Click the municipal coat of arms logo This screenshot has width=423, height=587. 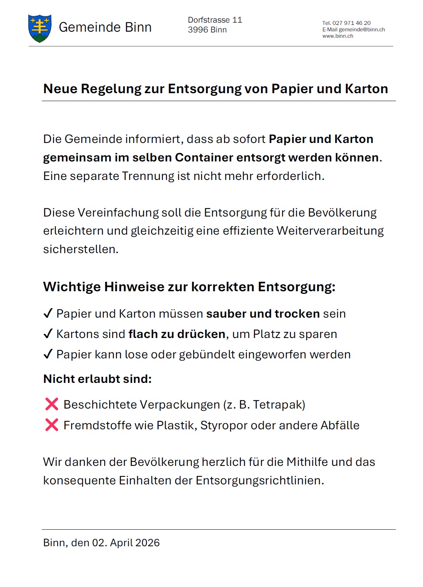point(40,28)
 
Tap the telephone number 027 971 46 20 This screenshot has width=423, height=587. point(351,23)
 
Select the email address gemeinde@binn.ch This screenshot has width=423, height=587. point(362,29)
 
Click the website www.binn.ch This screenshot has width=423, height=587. point(337,36)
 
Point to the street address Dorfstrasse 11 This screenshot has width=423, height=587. point(215,20)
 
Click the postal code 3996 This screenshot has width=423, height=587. point(198,30)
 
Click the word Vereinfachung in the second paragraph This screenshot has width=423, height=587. point(118,212)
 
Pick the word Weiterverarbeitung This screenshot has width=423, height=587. point(330,230)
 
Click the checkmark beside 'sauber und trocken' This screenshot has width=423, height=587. point(48,313)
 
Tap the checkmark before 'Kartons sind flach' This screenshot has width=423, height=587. point(48,333)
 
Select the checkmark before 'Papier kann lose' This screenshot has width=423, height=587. point(48,354)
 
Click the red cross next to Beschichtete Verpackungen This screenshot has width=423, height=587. point(52,404)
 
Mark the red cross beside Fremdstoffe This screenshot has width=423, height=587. point(52,425)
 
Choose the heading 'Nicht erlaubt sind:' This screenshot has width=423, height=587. point(97,379)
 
